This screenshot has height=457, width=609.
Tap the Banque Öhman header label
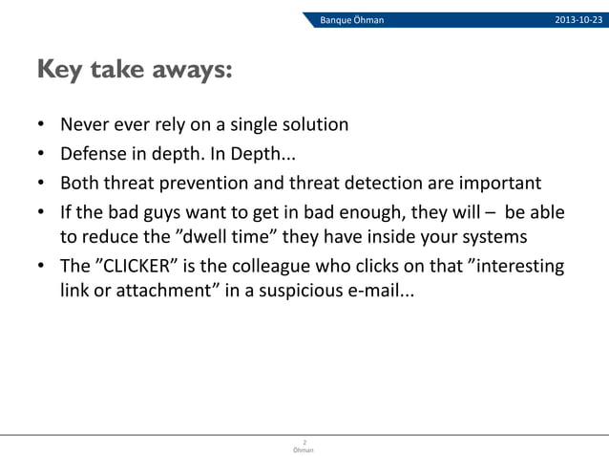pyautogui.click(x=351, y=20)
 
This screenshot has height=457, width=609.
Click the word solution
pyautogui.click(x=314, y=125)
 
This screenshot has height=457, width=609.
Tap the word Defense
pyautogui.click(x=94, y=154)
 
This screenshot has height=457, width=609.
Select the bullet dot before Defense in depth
pyautogui.click(x=42, y=155)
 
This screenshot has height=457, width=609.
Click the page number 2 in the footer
pyautogui.click(x=304, y=442)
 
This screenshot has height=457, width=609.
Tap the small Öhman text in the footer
pyautogui.click(x=304, y=449)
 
